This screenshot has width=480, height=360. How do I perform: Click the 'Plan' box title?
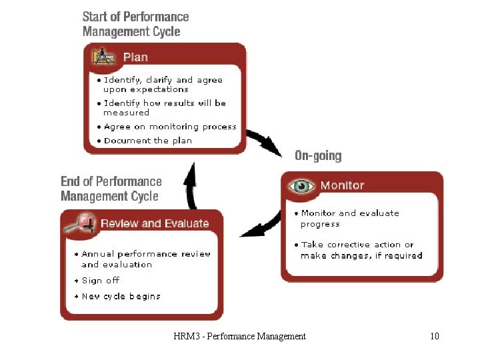(x=135, y=57)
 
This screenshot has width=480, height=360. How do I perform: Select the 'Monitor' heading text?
(x=342, y=185)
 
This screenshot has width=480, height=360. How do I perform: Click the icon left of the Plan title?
(x=103, y=57)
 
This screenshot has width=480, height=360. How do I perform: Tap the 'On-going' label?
(x=318, y=156)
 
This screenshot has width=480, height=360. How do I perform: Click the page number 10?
(x=435, y=337)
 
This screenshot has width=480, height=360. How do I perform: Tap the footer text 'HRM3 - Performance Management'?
(x=239, y=337)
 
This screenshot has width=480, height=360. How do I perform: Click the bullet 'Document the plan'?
(x=148, y=141)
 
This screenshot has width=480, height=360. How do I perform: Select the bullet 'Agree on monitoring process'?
(x=170, y=127)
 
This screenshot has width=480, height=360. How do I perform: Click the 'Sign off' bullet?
(x=100, y=281)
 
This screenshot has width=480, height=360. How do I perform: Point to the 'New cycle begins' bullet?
(x=121, y=297)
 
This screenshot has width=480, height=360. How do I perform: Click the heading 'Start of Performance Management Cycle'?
(x=136, y=24)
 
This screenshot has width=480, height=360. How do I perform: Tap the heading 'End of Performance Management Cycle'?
(x=111, y=189)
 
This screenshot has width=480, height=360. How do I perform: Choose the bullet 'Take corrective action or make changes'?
(x=361, y=250)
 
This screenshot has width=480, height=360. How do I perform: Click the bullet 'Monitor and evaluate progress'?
(x=349, y=219)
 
